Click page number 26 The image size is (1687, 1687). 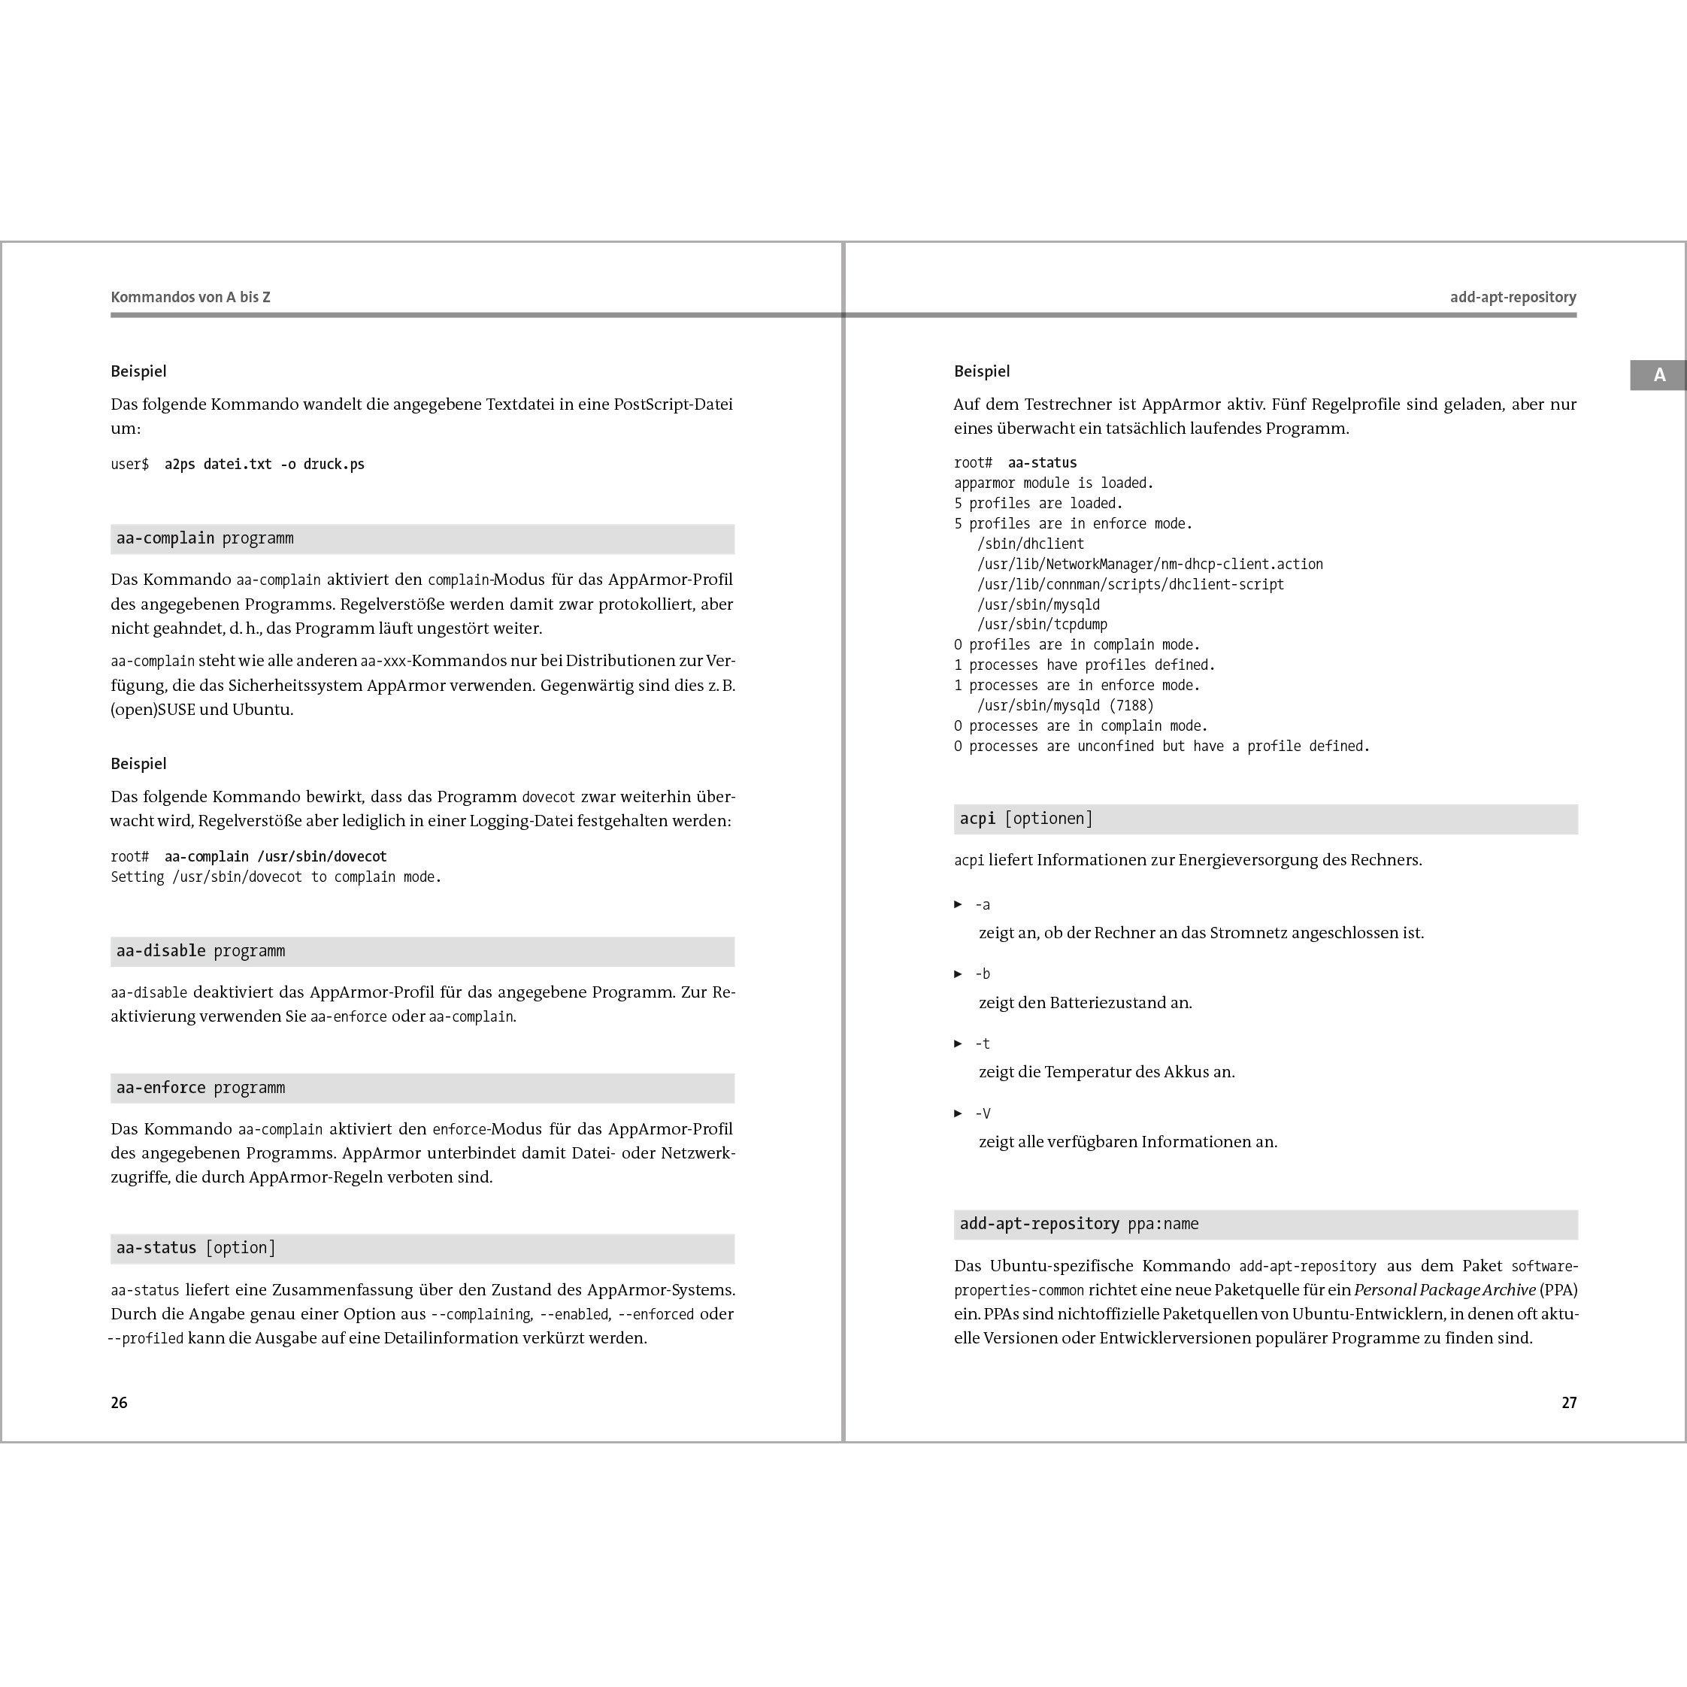point(119,1402)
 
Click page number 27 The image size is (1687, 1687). point(1568,1402)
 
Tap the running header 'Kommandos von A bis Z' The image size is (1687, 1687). point(190,297)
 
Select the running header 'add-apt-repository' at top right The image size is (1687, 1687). point(1513,297)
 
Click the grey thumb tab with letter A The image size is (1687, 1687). point(1658,375)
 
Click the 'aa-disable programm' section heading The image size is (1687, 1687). point(201,951)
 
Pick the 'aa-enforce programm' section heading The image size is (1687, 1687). point(201,1088)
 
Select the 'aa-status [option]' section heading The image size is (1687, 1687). point(195,1248)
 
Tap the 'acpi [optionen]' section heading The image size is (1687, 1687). point(1026,818)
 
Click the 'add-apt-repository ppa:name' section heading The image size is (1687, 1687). point(1078,1224)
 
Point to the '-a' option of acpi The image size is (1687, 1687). point(983,904)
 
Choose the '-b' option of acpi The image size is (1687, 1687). point(983,974)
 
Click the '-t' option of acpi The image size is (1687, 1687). point(983,1043)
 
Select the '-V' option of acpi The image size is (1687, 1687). point(983,1113)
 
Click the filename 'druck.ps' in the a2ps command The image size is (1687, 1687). point(334,465)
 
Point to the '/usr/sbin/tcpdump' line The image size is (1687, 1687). point(1042,624)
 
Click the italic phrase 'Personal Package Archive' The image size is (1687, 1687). point(1444,1290)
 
